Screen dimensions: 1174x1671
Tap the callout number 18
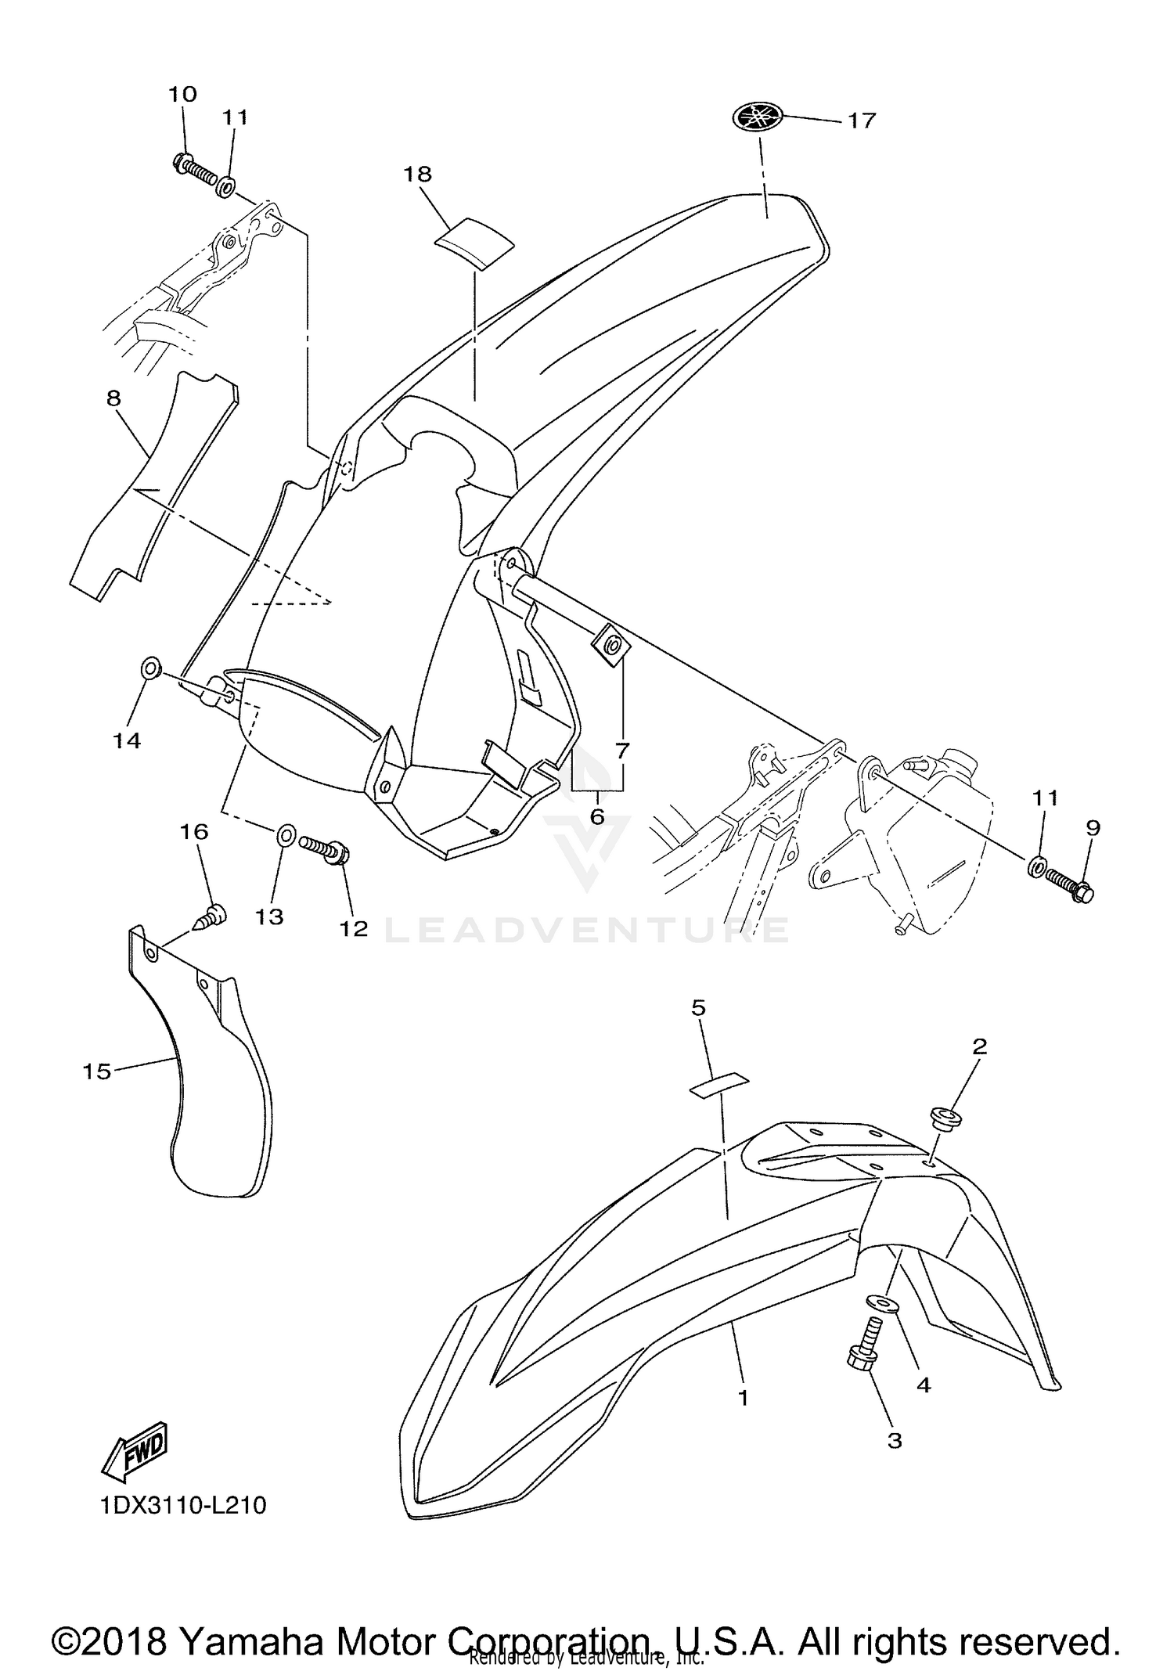(418, 174)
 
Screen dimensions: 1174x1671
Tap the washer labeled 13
(286, 836)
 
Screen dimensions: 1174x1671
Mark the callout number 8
(114, 398)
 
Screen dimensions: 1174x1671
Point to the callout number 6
(597, 816)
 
